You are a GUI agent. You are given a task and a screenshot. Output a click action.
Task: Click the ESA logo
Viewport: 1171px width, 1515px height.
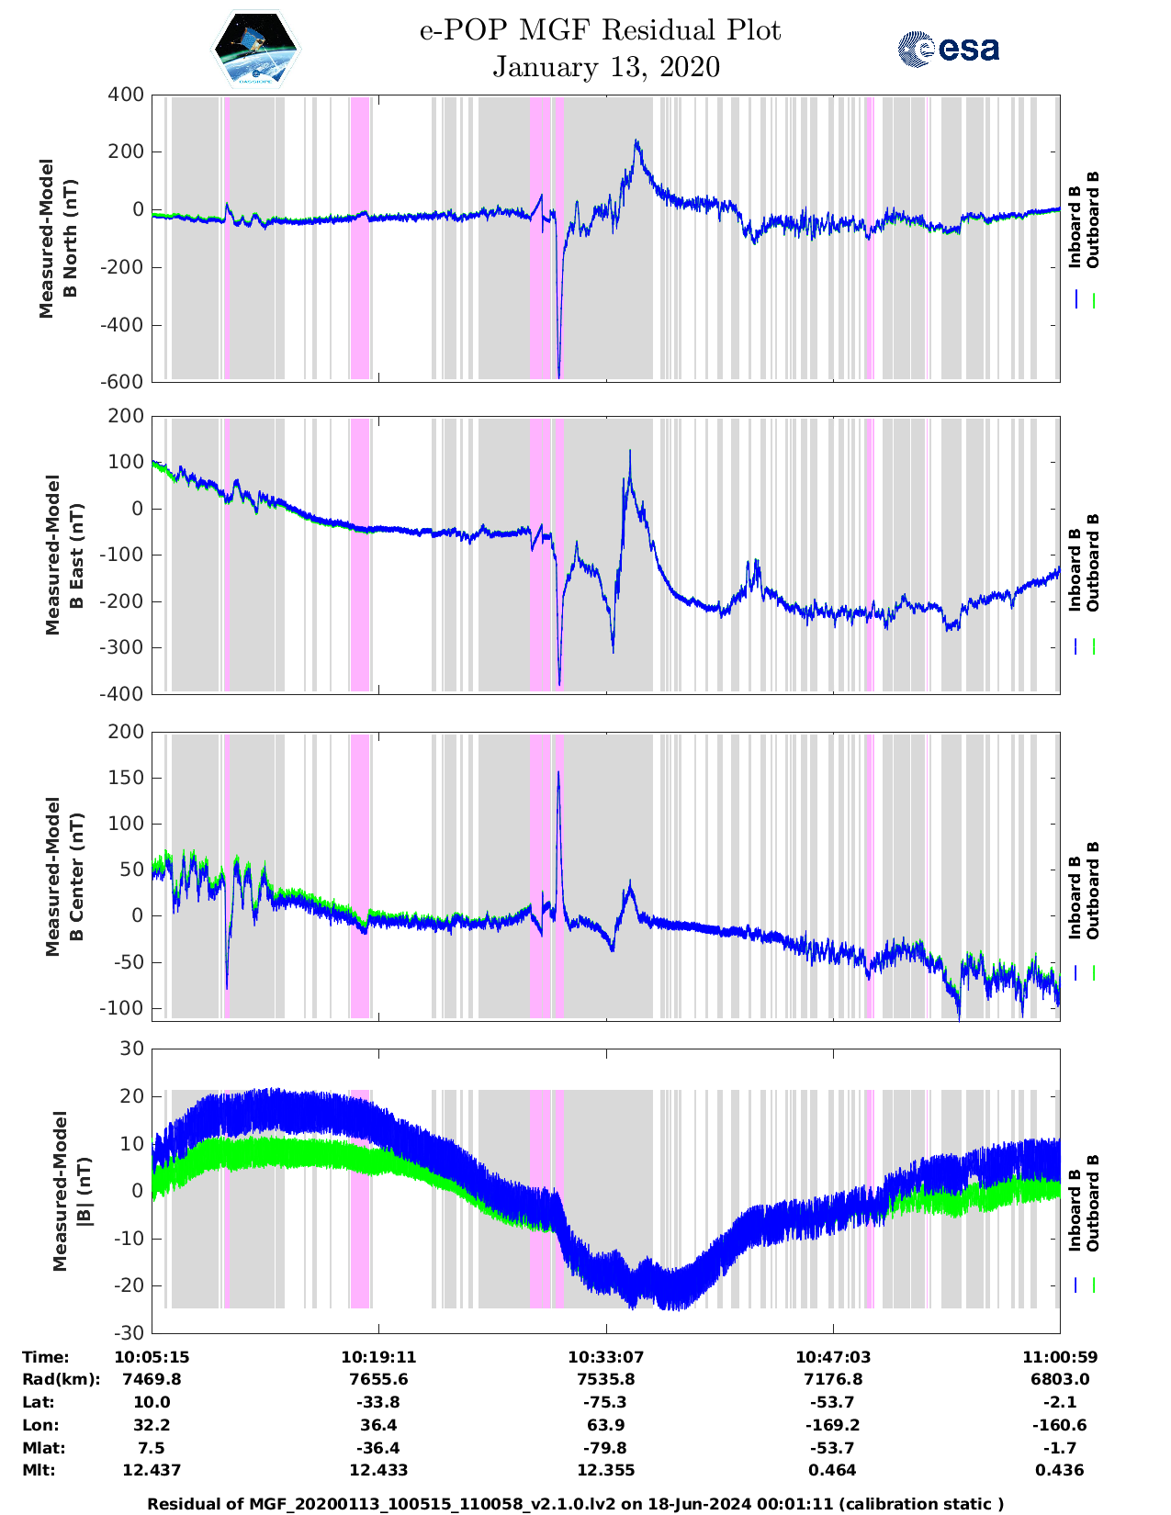coord(949,49)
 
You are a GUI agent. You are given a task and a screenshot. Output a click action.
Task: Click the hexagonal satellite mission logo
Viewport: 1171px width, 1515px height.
coord(255,49)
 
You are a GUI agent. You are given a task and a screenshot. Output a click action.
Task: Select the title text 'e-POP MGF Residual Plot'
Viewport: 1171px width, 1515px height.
coord(601,30)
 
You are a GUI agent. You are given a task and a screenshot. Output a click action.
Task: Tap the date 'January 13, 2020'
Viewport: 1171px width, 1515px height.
coord(606,67)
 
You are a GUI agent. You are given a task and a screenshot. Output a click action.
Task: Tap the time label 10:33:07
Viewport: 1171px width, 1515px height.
coord(605,1356)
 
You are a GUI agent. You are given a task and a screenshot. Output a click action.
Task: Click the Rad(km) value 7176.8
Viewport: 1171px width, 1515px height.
coord(833,1379)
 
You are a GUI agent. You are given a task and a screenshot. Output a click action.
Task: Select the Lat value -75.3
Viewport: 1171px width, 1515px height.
coord(605,1402)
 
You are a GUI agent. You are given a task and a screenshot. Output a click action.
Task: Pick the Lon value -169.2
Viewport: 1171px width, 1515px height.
coord(833,1425)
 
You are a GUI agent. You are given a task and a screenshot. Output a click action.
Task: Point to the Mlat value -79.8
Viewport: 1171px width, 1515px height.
coord(605,1448)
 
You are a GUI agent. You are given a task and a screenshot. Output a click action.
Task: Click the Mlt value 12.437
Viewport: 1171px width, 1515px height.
coord(152,1470)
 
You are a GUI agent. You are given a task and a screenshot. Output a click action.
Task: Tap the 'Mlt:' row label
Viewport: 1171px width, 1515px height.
coord(39,1470)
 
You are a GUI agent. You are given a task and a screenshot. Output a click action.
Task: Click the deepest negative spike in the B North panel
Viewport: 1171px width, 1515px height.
coord(559,376)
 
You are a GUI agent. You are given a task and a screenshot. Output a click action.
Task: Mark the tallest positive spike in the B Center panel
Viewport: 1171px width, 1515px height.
coord(558,774)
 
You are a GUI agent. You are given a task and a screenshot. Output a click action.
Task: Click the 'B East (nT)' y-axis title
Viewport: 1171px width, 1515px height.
coord(65,555)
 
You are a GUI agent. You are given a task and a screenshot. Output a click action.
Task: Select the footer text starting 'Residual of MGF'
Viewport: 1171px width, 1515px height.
coord(575,1503)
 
